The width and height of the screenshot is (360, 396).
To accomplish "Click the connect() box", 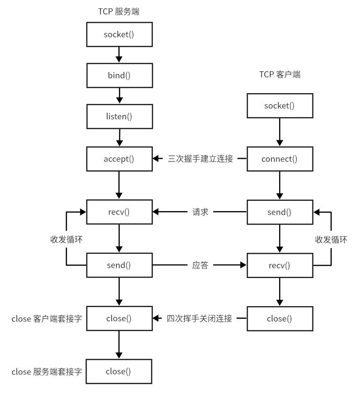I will point(280,158).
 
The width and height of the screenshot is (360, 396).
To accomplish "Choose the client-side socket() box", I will point(280,105).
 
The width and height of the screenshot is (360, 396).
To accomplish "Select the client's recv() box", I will point(280,266).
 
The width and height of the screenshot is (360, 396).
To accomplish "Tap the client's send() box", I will point(280,212).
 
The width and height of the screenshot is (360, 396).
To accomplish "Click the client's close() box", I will point(280,319).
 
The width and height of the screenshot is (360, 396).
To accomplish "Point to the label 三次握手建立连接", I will point(201,158).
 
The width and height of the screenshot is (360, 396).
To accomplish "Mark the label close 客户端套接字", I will point(47,319).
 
